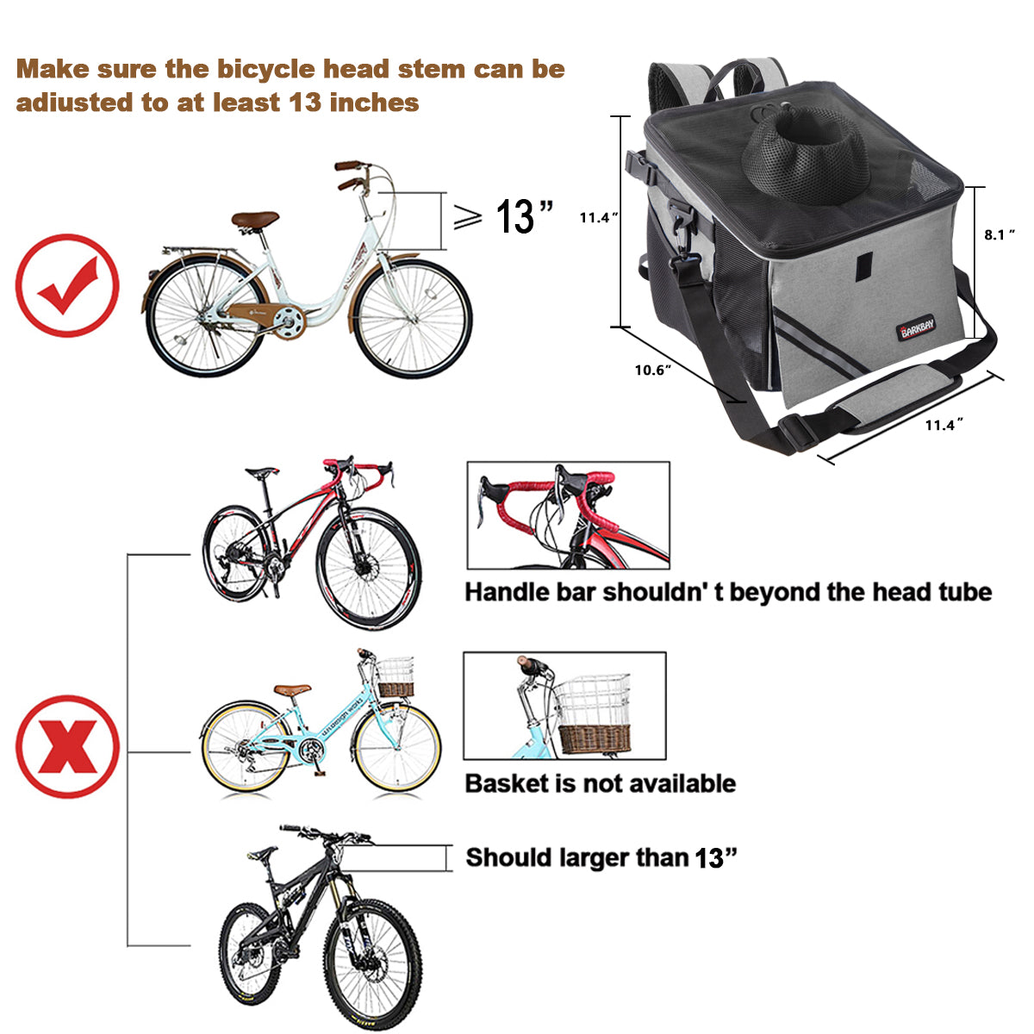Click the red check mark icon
point(66,285)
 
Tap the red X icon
point(67,746)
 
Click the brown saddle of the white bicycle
point(255,220)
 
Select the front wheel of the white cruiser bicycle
point(414,318)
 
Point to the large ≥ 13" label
point(504,217)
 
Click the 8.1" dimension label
point(1000,234)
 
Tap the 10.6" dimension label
point(653,371)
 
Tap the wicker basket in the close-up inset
point(595,738)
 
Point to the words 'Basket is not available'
point(600,783)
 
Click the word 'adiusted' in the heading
point(76,103)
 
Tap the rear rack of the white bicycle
point(198,251)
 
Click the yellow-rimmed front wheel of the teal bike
point(397,748)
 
